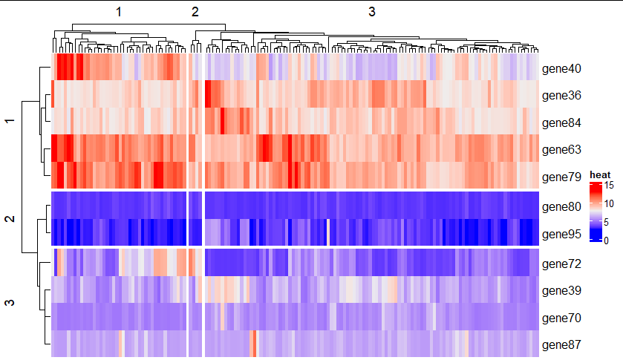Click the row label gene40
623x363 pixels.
[561, 69]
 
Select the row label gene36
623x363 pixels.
[561, 96]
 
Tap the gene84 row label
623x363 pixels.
[561, 122]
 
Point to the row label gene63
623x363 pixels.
[561, 149]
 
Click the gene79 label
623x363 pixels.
[561, 177]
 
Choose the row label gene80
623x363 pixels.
[561, 207]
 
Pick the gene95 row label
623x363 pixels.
[561, 234]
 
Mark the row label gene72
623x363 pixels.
[561, 264]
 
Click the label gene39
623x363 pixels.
[561, 291]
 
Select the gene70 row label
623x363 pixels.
[561, 318]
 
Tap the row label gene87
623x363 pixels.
[561, 344]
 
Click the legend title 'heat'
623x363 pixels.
[600, 174]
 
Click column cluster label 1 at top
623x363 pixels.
[119, 13]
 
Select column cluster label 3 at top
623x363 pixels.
[372, 12]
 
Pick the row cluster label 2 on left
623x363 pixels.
[10, 219]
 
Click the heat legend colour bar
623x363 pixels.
[595, 212]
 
